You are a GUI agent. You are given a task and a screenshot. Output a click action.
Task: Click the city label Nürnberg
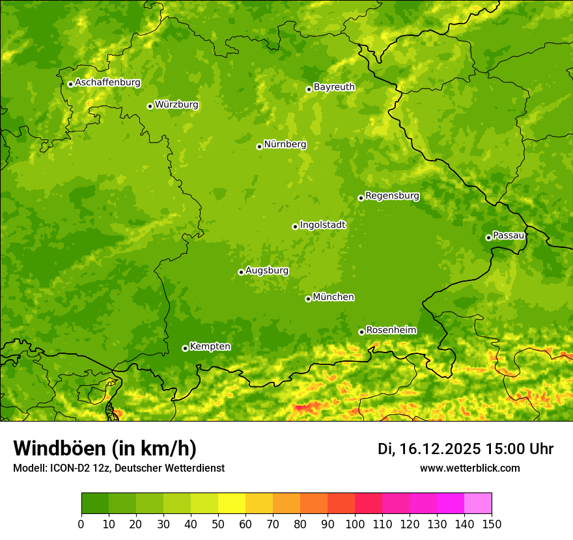pos(285,144)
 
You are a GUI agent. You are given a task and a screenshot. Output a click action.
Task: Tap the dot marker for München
pos(308,299)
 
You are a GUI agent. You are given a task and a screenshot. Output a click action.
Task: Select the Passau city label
pos(509,236)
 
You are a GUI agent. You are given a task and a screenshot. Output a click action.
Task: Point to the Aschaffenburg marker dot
pos(70,84)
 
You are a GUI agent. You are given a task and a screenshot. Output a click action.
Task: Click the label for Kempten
pos(210,346)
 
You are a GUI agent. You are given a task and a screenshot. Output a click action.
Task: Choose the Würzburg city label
pos(176,104)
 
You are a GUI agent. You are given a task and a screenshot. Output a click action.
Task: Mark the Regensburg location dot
pos(361,198)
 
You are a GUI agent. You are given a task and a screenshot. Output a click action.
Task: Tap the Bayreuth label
pos(334,87)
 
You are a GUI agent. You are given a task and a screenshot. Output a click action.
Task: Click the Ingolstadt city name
pos(322,224)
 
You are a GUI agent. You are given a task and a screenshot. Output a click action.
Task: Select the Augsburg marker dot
pos(241,272)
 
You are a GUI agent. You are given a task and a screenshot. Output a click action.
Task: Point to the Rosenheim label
pos(391,330)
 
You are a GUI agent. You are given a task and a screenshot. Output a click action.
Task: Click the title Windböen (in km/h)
pos(104,448)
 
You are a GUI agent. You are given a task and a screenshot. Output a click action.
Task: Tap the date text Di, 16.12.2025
pos(428,449)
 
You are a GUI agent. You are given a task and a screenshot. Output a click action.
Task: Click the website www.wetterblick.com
pos(469,468)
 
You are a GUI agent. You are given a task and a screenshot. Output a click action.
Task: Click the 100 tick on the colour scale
pos(355,523)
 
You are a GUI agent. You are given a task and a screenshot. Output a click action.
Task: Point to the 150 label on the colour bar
pos(492,523)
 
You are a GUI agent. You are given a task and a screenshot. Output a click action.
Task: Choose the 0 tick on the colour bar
pos(81,523)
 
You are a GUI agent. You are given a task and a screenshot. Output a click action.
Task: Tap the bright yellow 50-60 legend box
pos(232,503)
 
